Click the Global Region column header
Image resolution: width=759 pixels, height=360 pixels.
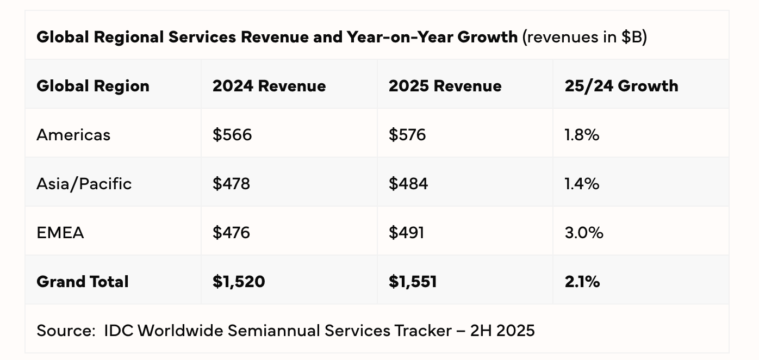93,86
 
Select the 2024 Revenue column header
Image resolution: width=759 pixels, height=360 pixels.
269,86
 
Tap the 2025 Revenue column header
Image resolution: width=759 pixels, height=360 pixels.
445,86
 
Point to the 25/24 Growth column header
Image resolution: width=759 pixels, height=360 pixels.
621,86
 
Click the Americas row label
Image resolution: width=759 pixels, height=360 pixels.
73,135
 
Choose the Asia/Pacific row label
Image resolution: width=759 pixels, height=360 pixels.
84,184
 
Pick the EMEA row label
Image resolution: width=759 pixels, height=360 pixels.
60,233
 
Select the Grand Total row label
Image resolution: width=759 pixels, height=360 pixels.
83,282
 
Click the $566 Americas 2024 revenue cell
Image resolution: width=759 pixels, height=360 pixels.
232,135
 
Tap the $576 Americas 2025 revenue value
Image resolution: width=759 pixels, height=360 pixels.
407,135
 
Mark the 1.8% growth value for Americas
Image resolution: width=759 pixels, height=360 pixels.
582,135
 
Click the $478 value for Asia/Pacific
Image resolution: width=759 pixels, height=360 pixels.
231,184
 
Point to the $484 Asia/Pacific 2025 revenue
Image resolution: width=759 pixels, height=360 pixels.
408,184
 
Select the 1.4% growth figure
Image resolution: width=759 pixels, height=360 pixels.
582,184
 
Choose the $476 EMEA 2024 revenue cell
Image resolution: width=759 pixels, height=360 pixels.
231,233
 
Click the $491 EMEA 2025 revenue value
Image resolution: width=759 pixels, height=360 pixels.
406,233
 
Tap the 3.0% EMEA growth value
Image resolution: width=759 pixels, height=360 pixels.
584,233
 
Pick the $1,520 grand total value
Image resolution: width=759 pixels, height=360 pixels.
239,282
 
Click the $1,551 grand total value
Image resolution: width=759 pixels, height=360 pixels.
412,282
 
